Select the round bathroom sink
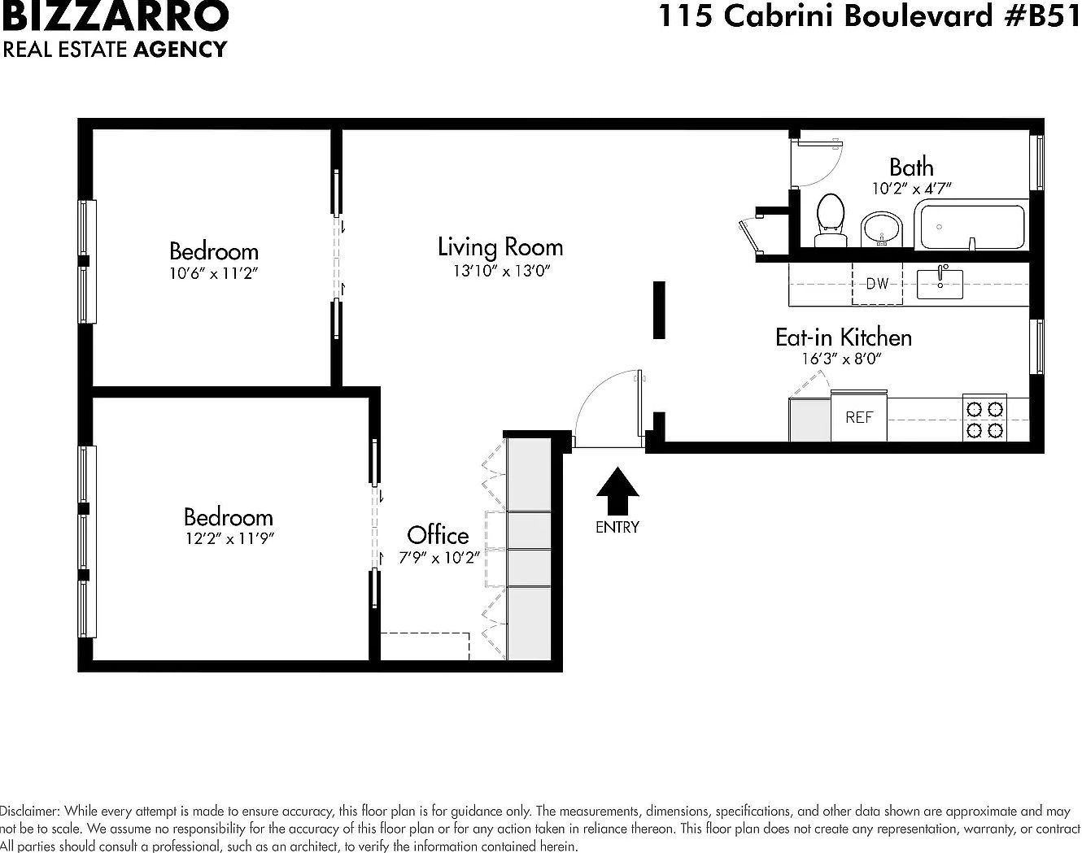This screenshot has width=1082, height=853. click(x=881, y=228)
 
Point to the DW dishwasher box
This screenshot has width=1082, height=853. click(x=877, y=284)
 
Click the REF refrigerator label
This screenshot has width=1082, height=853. click(x=859, y=417)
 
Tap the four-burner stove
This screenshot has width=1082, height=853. click(x=984, y=418)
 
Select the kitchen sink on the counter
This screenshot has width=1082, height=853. click(x=940, y=283)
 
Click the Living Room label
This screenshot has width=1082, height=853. click(x=500, y=246)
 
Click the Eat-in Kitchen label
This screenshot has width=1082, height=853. click(x=843, y=337)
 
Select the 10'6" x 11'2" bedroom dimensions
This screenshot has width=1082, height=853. click(x=213, y=273)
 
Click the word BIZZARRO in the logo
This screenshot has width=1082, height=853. click(x=115, y=16)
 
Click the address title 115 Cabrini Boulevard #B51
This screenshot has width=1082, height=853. click(x=868, y=16)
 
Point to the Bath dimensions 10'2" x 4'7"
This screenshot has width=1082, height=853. click(x=911, y=188)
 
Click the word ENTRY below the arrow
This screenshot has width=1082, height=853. click(x=617, y=527)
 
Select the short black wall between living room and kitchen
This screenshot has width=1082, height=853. click(x=659, y=310)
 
